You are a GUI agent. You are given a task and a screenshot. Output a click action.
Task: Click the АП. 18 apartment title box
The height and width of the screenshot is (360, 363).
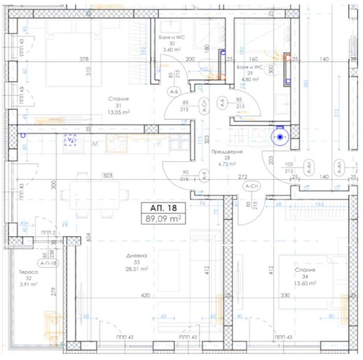[x=164, y=209]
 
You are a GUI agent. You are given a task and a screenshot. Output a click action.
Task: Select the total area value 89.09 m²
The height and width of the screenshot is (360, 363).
[x=164, y=219]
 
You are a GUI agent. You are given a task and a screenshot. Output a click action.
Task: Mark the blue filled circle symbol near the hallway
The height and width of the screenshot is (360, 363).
[x=279, y=138]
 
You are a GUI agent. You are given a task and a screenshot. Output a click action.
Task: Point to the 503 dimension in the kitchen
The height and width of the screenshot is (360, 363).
[x=107, y=176]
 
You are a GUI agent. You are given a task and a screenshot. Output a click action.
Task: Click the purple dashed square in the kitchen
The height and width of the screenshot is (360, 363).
[x=71, y=140]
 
